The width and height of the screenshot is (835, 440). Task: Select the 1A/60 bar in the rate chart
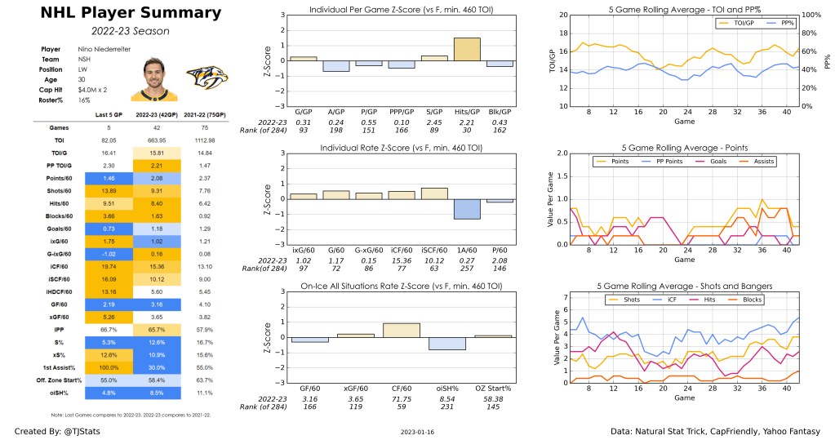(x=466, y=209)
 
